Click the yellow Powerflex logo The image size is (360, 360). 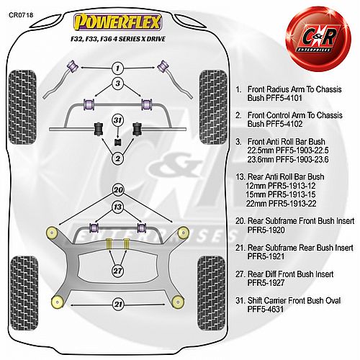pos(117,22)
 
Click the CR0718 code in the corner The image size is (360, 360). pos(21,15)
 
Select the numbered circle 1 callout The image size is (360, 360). pos(117,68)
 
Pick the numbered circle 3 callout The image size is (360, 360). pos(117,84)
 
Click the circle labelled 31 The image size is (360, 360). pos(117,120)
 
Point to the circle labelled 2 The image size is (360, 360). pos(117,158)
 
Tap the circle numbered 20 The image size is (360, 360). pos(118,190)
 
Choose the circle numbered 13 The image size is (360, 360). pos(118,207)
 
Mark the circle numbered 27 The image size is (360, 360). pos(118,271)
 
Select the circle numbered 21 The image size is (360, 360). pos(118,305)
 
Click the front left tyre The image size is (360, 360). pos(22,107)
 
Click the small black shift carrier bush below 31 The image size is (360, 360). pos(117,142)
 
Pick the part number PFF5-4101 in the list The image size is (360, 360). pos(275,98)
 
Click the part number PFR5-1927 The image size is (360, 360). pos(266,283)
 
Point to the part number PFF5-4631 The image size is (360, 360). pos(266,309)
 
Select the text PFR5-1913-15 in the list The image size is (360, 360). pos(288,194)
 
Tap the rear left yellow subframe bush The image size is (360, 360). pos(58,302)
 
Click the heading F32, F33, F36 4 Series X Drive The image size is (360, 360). pos(118,39)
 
